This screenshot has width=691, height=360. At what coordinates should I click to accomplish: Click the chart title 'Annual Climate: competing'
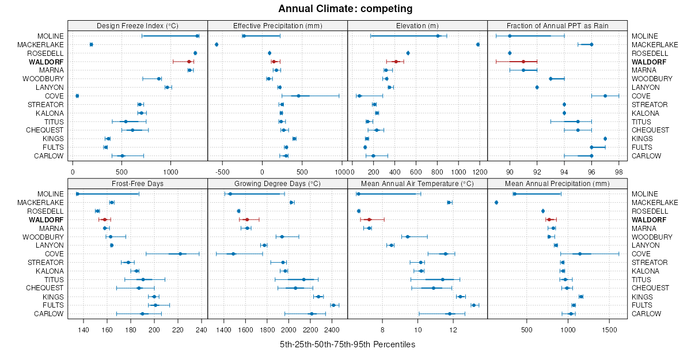[345, 9]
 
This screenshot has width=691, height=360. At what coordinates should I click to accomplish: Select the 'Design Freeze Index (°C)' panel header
[137, 25]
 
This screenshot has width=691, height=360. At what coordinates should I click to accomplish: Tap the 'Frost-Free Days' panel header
[137, 183]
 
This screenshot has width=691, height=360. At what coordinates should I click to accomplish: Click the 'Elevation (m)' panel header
[417, 25]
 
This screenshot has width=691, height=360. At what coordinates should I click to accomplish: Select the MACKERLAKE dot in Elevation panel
[478, 44]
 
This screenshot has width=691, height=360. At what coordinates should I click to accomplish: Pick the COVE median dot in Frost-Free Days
[180, 254]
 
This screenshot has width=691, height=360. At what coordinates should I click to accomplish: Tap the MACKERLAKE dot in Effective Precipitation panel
[217, 44]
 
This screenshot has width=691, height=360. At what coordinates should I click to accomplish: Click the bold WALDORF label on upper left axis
[48, 62]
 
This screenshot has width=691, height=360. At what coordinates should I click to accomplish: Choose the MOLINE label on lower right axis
[645, 194]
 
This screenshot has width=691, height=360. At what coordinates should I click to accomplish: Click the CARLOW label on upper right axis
[646, 156]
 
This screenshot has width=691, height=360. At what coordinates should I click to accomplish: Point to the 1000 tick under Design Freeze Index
[170, 172]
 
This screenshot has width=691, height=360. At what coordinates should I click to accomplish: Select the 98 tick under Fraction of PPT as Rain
[618, 172]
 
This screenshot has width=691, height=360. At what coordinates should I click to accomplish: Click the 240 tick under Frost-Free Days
[201, 329]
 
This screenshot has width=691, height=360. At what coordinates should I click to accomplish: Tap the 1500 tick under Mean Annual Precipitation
[609, 329]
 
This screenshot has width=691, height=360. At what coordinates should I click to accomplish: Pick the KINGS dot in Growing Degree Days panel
[318, 297]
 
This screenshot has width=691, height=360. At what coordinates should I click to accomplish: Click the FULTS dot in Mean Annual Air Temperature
[474, 305]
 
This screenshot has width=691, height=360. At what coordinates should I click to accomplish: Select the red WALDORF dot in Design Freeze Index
[189, 62]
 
